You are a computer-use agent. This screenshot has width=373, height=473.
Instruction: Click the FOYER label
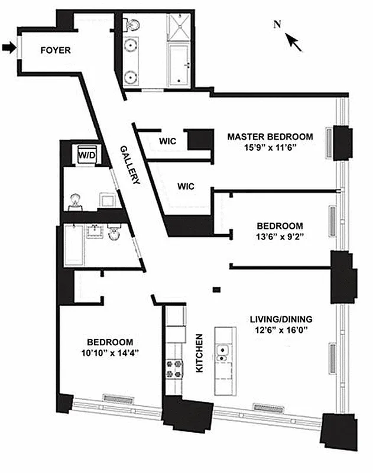(55, 50)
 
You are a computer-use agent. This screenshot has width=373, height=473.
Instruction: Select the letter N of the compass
(277, 24)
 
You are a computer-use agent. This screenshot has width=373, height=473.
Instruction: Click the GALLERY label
(129, 166)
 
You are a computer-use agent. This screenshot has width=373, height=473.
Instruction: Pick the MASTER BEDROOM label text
(270, 137)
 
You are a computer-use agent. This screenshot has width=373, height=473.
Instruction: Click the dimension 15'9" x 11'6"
(270, 148)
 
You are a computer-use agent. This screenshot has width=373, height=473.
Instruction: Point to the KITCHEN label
(199, 354)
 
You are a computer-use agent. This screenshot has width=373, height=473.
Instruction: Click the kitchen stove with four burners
(176, 368)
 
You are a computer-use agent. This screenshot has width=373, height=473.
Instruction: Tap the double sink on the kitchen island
(223, 354)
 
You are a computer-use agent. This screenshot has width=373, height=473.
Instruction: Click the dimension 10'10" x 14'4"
(110, 354)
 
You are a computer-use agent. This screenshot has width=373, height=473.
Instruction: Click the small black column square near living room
(217, 289)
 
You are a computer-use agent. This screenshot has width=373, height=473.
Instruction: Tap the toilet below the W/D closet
(75, 201)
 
